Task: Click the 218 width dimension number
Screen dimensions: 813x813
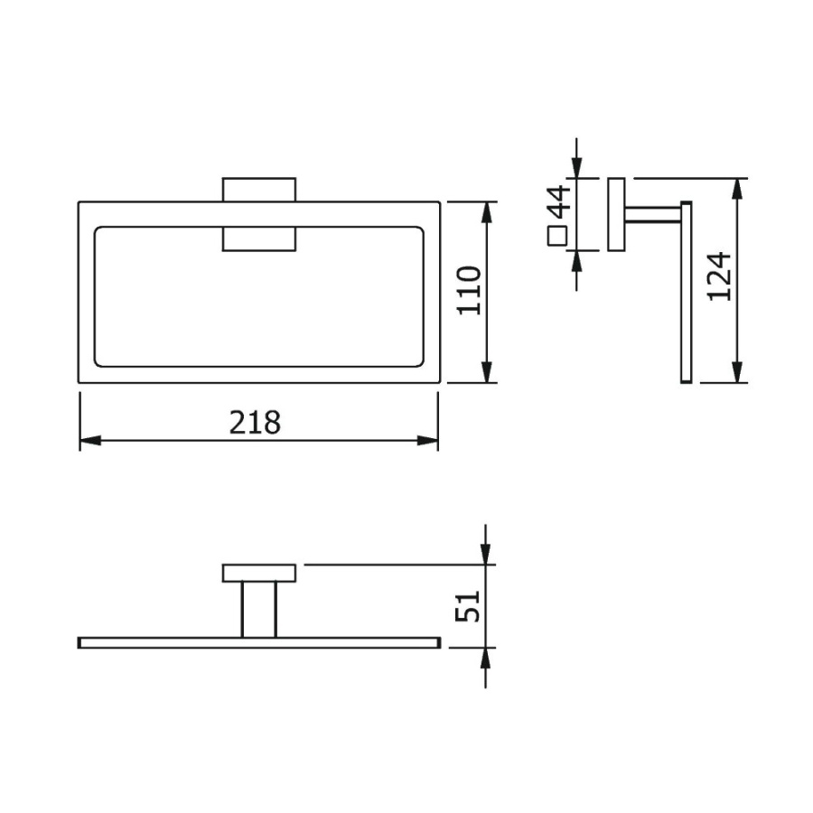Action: tap(255, 422)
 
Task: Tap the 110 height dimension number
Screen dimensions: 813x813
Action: tap(469, 290)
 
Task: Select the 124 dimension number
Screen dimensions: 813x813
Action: tap(719, 276)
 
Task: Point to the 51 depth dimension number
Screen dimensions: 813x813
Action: tap(468, 605)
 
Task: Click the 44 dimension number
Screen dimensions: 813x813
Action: tap(559, 201)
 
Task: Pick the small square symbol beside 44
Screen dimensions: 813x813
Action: tap(557, 236)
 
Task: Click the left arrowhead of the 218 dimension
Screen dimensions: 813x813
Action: tap(90, 441)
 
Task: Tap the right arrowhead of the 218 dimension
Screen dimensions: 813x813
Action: tap(428, 441)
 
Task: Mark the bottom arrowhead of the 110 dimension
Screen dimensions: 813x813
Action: tap(486, 372)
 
